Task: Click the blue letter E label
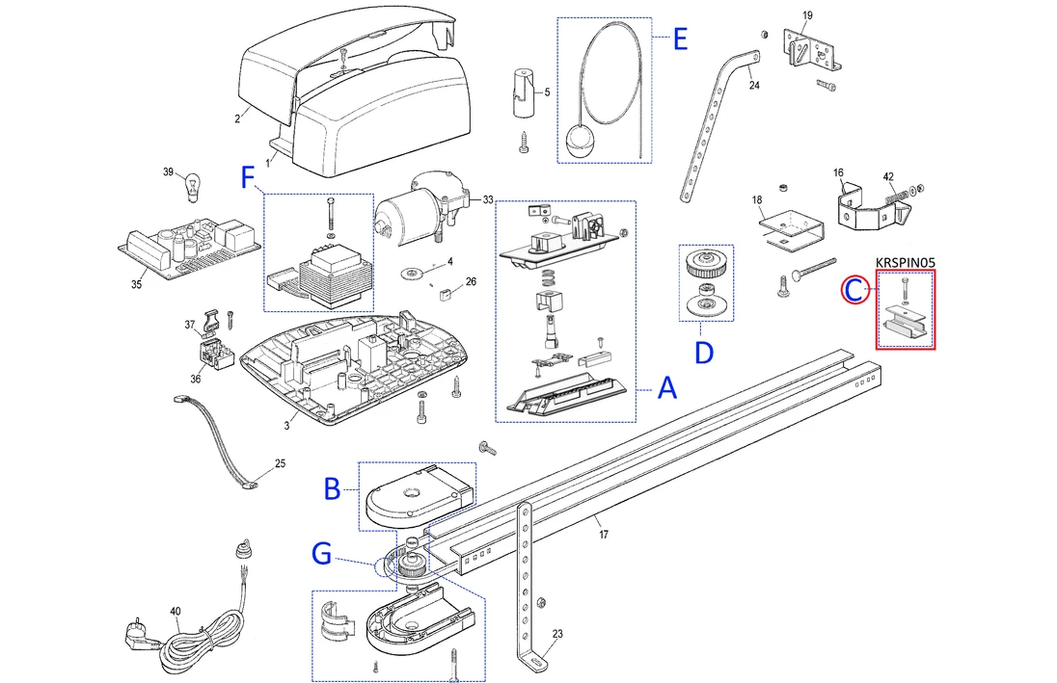click(680, 40)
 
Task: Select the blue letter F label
click(249, 178)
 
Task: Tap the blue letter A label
click(666, 389)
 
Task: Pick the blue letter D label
click(704, 353)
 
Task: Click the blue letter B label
click(332, 489)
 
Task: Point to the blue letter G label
click(323, 554)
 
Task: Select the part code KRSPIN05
click(905, 262)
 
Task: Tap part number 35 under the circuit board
click(136, 284)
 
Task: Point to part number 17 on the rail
click(604, 533)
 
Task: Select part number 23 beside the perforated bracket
click(557, 633)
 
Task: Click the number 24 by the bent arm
click(754, 86)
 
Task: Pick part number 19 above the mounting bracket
click(807, 15)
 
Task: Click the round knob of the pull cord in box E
click(583, 141)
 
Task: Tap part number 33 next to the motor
click(488, 199)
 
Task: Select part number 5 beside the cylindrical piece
click(547, 92)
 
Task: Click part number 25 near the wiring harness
click(281, 463)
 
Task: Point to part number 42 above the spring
click(888, 176)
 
